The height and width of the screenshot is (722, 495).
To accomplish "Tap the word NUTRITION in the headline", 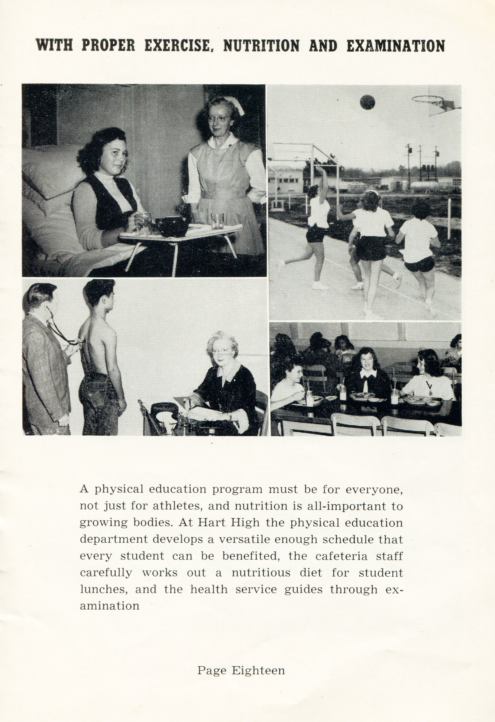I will tap(261, 46).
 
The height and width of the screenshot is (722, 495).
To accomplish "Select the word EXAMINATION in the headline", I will tap(395, 46).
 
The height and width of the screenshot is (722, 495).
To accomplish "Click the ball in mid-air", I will tap(367, 102).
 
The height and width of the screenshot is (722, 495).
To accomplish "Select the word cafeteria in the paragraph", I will tap(341, 556).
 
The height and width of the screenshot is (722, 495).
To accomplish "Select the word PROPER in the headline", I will tap(108, 46).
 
